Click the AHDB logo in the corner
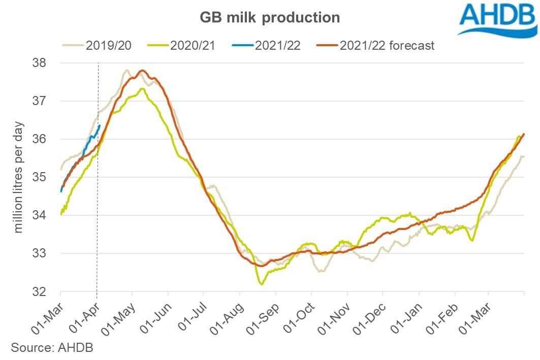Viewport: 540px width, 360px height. tap(497, 19)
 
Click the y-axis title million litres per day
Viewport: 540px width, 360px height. tap(19, 177)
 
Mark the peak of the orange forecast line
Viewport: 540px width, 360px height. tap(142, 71)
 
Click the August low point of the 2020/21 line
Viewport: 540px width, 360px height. tap(262, 284)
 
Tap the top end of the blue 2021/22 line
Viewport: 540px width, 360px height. tap(100, 126)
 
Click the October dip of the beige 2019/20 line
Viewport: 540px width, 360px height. tap(321, 271)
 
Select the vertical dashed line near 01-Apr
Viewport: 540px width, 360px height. tap(98, 203)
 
